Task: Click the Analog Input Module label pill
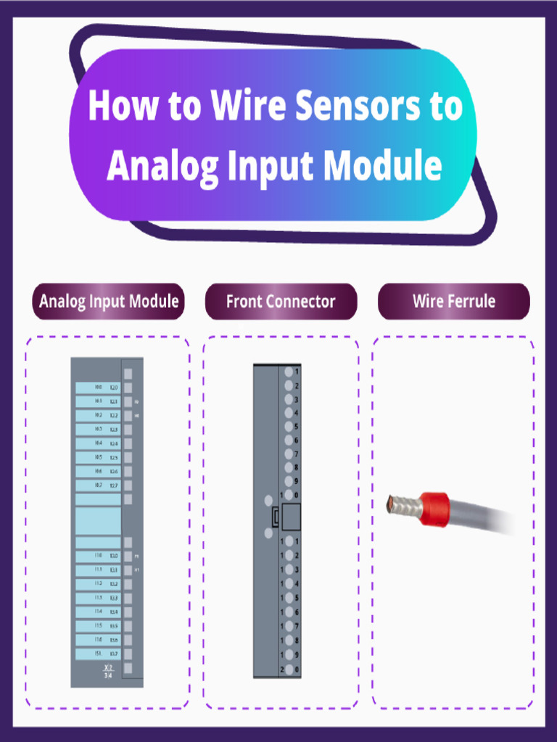[109, 301]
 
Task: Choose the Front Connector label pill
[281, 301]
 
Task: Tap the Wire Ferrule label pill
[453, 301]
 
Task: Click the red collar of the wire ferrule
[434, 509]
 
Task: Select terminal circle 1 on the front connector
[289, 372]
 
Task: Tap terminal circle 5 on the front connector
[289, 427]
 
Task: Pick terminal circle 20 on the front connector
[289, 669]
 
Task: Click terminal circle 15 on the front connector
[289, 598]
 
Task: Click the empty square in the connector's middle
[291, 517]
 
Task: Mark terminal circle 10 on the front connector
[289, 495]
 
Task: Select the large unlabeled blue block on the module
[98, 520]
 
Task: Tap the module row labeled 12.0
[98, 388]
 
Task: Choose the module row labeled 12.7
[98, 485]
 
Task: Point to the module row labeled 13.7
[98, 654]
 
